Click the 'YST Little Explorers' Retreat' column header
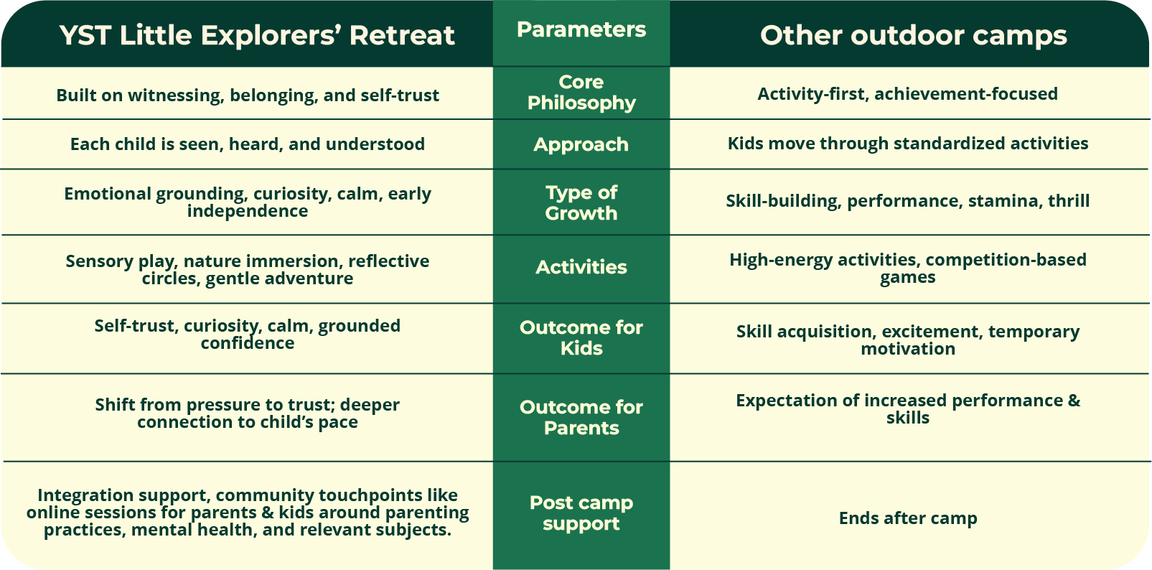(x=257, y=35)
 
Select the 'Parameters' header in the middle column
(x=581, y=29)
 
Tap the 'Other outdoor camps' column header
(x=914, y=35)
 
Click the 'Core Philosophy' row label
(x=581, y=93)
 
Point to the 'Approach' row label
(x=581, y=144)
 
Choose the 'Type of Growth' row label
(x=581, y=202)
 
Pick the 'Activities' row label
(x=581, y=267)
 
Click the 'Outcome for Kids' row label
(x=581, y=338)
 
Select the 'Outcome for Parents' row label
(x=581, y=418)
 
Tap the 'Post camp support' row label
(x=581, y=513)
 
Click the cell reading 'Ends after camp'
(x=908, y=518)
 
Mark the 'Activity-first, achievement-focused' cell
(x=908, y=94)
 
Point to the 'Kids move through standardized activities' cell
(x=908, y=144)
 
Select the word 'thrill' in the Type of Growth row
(x=1069, y=200)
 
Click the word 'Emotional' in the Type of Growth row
(x=108, y=194)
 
